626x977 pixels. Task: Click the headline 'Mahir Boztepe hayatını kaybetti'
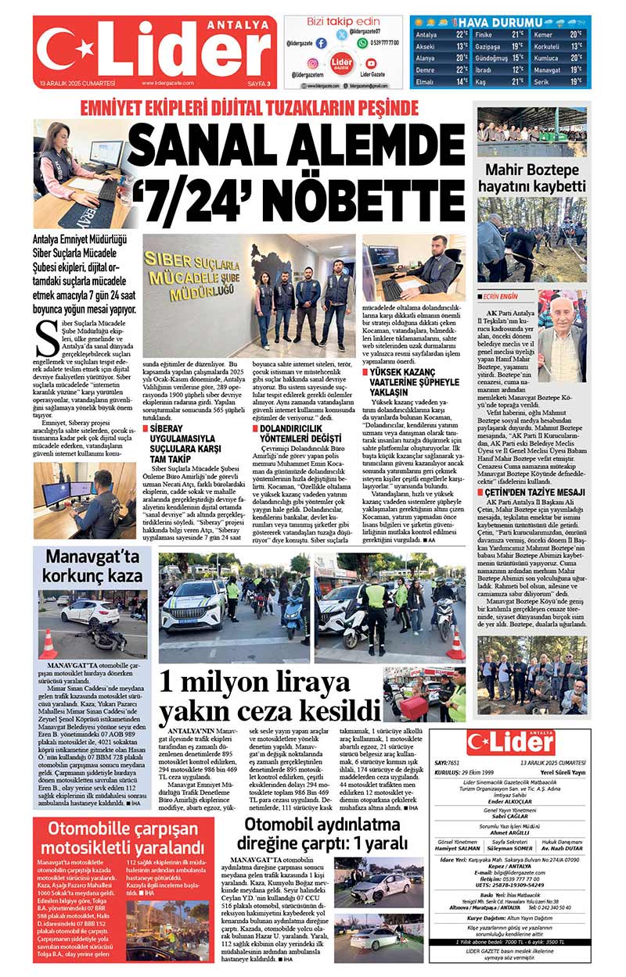[534, 177]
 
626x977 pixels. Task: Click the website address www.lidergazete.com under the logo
[167, 83]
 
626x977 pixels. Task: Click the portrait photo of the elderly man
[562, 336]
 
